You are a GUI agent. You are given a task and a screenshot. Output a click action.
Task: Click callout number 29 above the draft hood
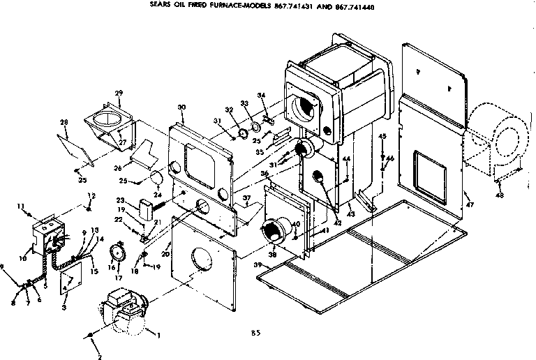click(x=119, y=93)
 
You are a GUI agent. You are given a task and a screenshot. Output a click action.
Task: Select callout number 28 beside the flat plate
click(x=64, y=123)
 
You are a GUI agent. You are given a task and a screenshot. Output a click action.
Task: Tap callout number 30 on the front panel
click(x=181, y=107)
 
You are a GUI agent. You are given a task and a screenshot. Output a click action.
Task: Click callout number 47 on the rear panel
click(x=470, y=205)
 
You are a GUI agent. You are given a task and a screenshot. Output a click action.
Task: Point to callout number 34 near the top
click(x=262, y=96)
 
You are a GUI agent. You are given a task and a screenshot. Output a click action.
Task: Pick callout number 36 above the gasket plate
click(x=265, y=174)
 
